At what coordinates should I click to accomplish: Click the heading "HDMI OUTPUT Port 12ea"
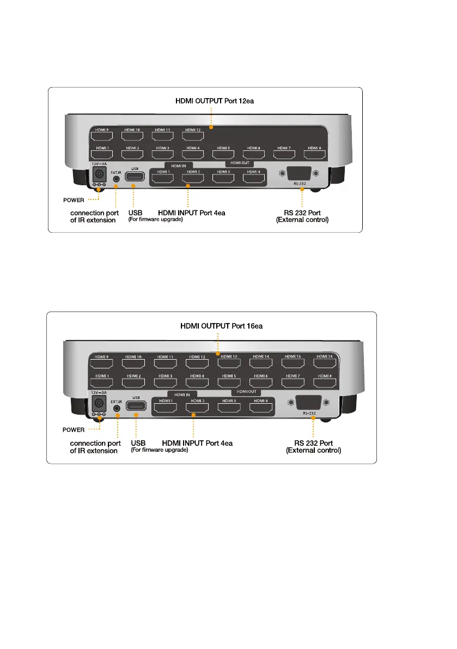pyautogui.click(x=210, y=101)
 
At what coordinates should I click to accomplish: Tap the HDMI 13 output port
pyautogui.click(x=229, y=362)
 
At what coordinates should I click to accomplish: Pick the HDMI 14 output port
pyautogui.click(x=261, y=362)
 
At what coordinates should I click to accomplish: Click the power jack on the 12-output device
pyautogui.click(x=99, y=174)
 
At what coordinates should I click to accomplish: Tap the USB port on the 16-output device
pyautogui.click(x=136, y=405)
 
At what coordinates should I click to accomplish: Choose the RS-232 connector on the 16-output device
pyautogui.click(x=309, y=403)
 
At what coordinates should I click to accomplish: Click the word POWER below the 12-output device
pyautogui.click(x=74, y=200)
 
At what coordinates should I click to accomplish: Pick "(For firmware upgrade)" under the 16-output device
pyautogui.click(x=160, y=450)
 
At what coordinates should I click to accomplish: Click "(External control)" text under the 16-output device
pyautogui.click(x=314, y=451)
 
